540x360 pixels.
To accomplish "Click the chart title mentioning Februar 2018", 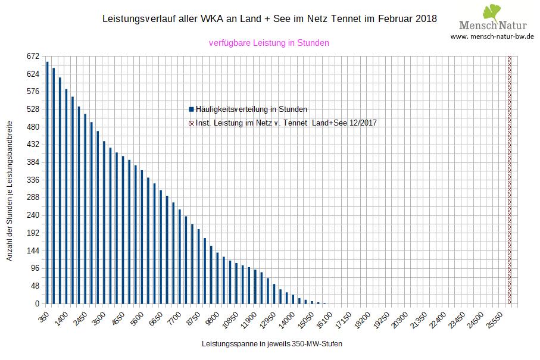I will [270, 18].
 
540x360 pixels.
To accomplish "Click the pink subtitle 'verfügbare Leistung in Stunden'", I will [269, 43].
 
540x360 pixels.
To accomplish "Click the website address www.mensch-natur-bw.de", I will [492, 36].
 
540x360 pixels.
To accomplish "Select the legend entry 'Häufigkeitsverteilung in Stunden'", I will [248, 109].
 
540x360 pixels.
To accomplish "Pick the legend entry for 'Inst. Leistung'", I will [283, 123].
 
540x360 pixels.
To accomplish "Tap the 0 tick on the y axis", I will [36, 303].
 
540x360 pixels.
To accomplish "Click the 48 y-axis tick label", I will [34, 286].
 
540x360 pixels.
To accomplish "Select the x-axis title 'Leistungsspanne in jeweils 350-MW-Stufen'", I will [272, 344].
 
